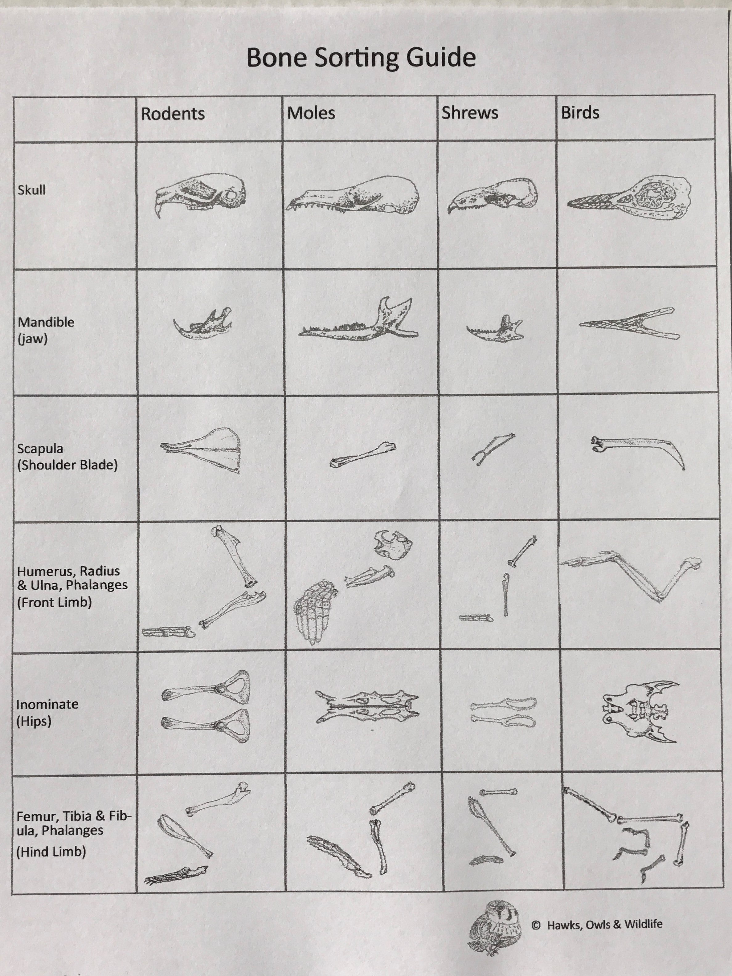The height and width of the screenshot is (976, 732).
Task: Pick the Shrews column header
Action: [469, 113]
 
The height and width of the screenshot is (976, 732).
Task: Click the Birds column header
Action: [580, 112]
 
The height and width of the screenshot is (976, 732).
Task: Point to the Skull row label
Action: [31, 190]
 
